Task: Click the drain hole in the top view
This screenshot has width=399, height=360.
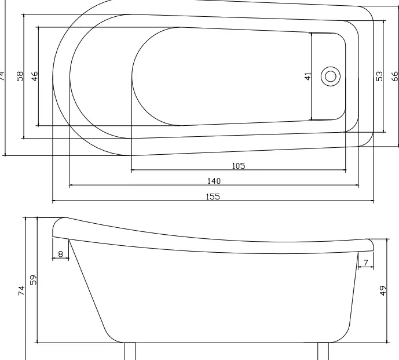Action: [331, 77]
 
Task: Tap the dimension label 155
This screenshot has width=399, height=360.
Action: [213, 197]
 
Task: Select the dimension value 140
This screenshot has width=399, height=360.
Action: [214, 181]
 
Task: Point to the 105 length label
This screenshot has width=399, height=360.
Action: [239, 166]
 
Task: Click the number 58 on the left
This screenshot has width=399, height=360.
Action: [20, 76]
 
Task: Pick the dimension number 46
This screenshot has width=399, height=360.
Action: [35, 76]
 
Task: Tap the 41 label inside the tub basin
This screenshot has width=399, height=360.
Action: [308, 76]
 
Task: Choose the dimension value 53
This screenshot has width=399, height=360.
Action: [379, 76]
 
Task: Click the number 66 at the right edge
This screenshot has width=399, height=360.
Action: [395, 76]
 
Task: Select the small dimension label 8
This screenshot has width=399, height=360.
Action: [61, 254]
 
